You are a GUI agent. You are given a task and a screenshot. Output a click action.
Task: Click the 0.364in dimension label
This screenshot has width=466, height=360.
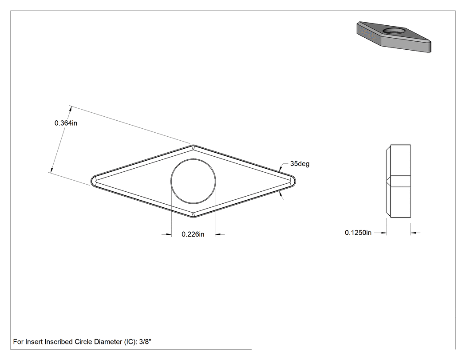(x=66, y=123)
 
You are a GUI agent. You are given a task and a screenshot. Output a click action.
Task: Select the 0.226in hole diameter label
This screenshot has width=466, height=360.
(x=193, y=234)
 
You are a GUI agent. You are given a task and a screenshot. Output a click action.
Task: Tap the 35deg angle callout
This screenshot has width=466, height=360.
(x=300, y=164)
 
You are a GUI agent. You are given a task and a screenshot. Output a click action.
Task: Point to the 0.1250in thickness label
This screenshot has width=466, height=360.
(x=358, y=233)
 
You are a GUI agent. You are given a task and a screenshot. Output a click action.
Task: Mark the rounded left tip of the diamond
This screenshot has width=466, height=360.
(x=93, y=181)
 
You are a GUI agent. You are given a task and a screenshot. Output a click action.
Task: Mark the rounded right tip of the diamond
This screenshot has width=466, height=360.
(x=294, y=181)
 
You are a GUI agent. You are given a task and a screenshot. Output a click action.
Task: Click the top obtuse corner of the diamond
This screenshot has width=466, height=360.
(x=193, y=145)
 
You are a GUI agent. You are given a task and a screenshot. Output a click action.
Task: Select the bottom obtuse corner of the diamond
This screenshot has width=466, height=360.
(x=193, y=217)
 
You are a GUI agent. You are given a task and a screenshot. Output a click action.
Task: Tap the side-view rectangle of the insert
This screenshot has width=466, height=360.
(x=399, y=181)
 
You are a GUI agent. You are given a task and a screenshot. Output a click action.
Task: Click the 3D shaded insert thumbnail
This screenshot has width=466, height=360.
(x=394, y=37)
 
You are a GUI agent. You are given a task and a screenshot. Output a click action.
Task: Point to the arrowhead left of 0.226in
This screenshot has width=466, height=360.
(x=169, y=234)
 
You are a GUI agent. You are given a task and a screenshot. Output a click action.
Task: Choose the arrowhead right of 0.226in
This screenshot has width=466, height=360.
(x=218, y=234)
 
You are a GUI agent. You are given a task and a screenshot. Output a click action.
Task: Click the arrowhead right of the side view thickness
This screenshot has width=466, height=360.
(x=414, y=233)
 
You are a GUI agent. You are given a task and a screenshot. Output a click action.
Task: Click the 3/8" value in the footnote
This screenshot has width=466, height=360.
(x=145, y=342)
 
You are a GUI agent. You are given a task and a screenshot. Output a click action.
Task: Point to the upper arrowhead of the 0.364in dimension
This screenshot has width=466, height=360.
(x=70, y=109)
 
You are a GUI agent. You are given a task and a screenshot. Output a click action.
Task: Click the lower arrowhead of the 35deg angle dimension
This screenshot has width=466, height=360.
(x=281, y=195)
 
